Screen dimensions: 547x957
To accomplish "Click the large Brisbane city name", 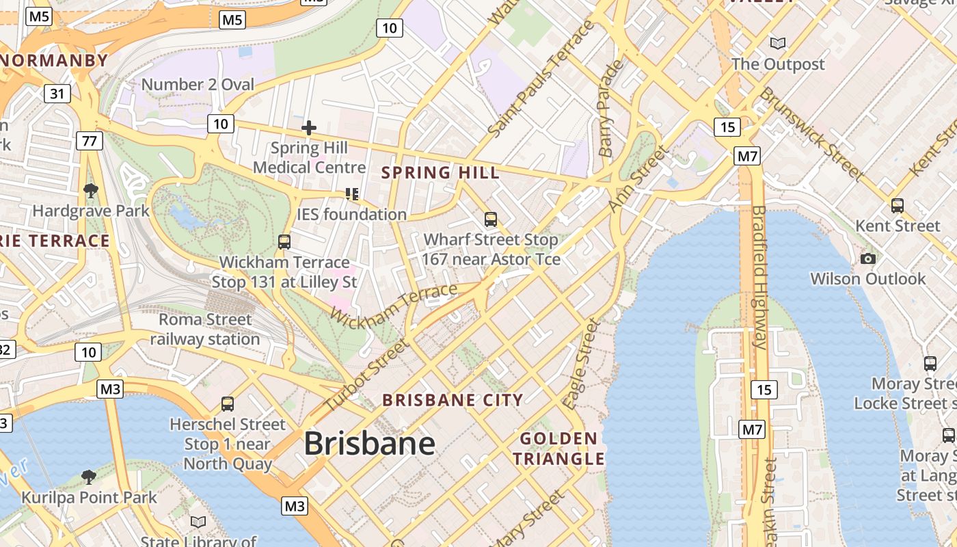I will pyautogui.click(x=369, y=444).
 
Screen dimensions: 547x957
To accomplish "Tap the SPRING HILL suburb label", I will pyautogui.click(x=440, y=172).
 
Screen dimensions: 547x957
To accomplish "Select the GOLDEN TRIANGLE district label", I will pyautogui.click(x=559, y=449).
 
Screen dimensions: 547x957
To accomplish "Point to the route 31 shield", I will pyautogui.click(x=57, y=93).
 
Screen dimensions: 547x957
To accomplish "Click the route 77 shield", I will pyautogui.click(x=90, y=141).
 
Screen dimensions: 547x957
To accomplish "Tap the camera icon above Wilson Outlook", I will pyautogui.click(x=868, y=258).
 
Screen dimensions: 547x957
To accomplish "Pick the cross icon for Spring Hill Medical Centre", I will pyautogui.click(x=309, y=128).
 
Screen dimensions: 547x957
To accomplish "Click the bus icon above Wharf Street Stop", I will pyautogui.click(x=491, y=219).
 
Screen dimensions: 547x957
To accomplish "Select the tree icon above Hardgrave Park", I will pyautogui.click(x=90, y=190).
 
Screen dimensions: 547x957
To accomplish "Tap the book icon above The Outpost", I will pyautogui.click(x=778, y=44).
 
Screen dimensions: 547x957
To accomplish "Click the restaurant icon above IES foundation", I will pyautogui.click(x=352, y=194).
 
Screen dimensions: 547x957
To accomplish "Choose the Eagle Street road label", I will pyautogui.click(x=580, y=364).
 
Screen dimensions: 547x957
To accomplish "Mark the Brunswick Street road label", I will pyautogui.click(x=811, y=133).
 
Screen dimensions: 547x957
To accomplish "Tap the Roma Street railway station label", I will pyautogui.click(x=205, y=329).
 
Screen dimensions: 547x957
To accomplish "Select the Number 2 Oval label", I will pyautogui.click(x=198, y=85).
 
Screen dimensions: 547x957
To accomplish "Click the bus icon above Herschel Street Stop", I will pyautogui.click(x=228, y=404).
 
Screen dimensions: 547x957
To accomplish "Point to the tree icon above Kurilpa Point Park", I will pyautogui.click(x=88, y=477).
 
